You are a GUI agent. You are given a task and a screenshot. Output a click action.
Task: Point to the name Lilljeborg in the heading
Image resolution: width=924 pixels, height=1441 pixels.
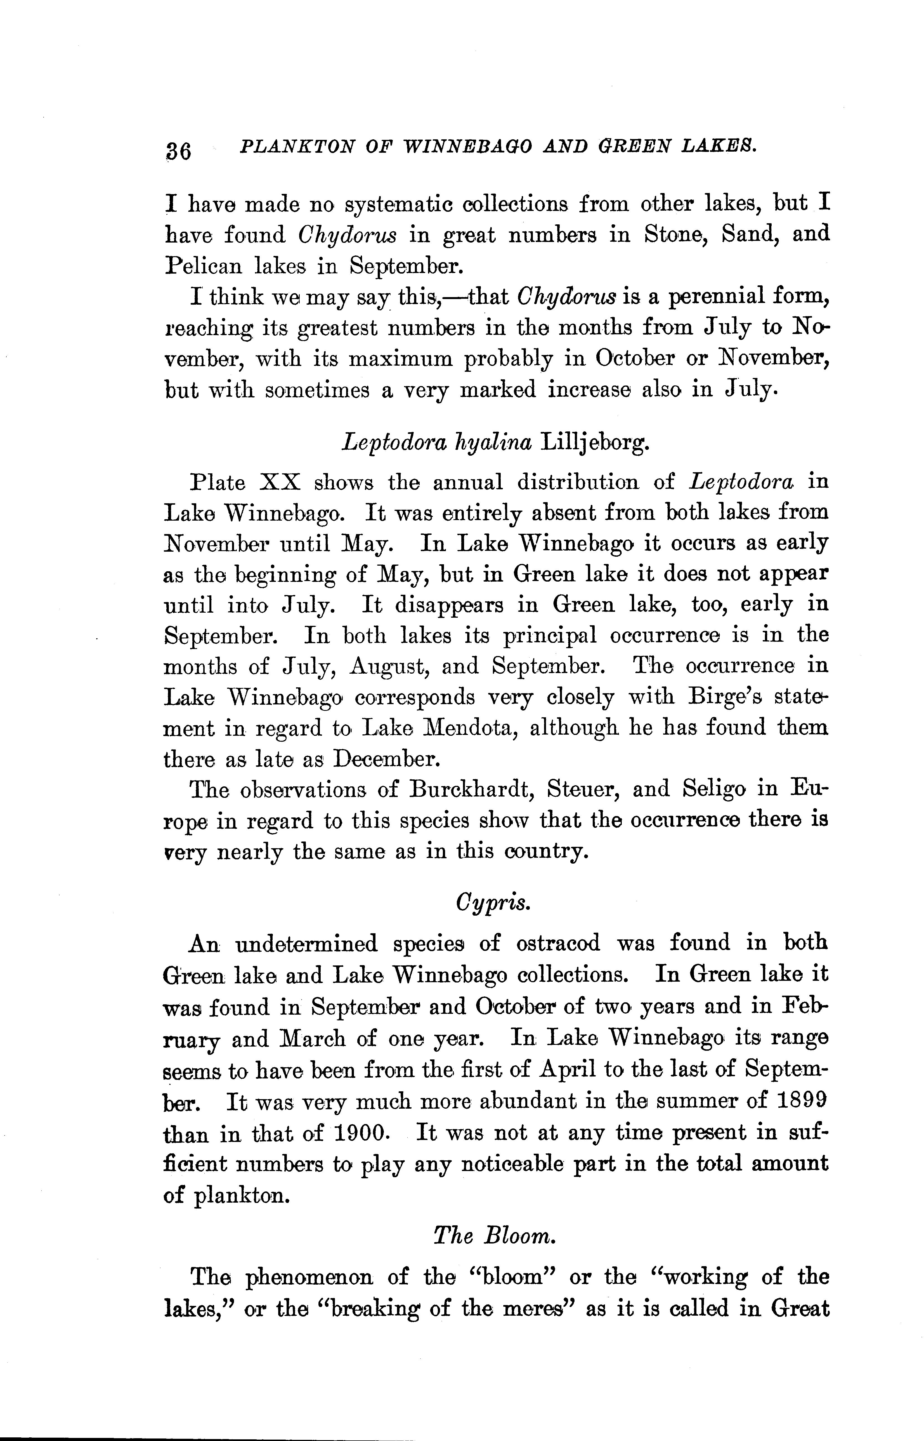[595, 443]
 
